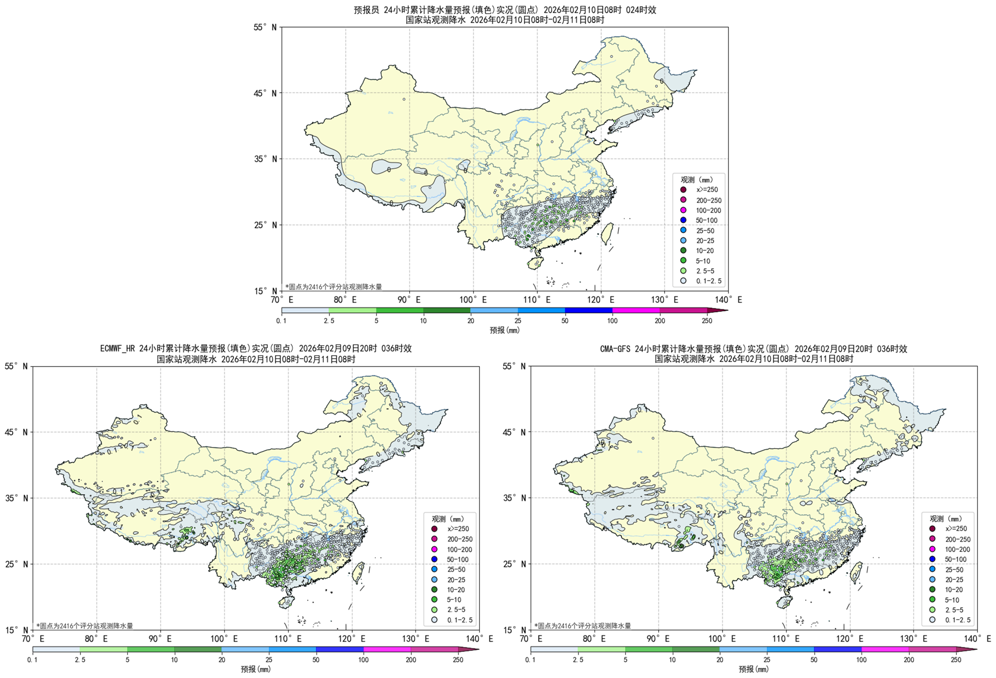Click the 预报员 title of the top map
click(x=504, y=10)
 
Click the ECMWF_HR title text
click(x=256, y=348)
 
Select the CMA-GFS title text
click(x=753, y=349)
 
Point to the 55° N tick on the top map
click(x=265, y=28)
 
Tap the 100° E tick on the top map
click(x=473, y=300)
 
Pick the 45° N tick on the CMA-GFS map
click(x=514, y=432)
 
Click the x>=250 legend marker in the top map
click(x=683, y=190)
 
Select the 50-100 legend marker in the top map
click(x=683, y=220)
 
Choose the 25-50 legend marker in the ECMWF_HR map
click(x=434, y=569)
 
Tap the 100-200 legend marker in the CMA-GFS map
click(x=932, y=549)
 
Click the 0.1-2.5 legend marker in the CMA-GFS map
click(x=932, y=620)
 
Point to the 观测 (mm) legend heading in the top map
click(x=697, y=180)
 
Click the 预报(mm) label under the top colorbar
click(x=504, y=330)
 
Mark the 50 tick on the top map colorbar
click(x=565, y=321)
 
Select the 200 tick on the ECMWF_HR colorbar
click(x=411, y=660)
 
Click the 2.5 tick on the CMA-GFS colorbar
click(x=578, y=660)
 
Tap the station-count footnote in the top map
click(x=333, y=287)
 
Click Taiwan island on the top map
click(x=607, y=233)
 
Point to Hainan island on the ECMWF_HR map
click(x=285, y=602)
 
